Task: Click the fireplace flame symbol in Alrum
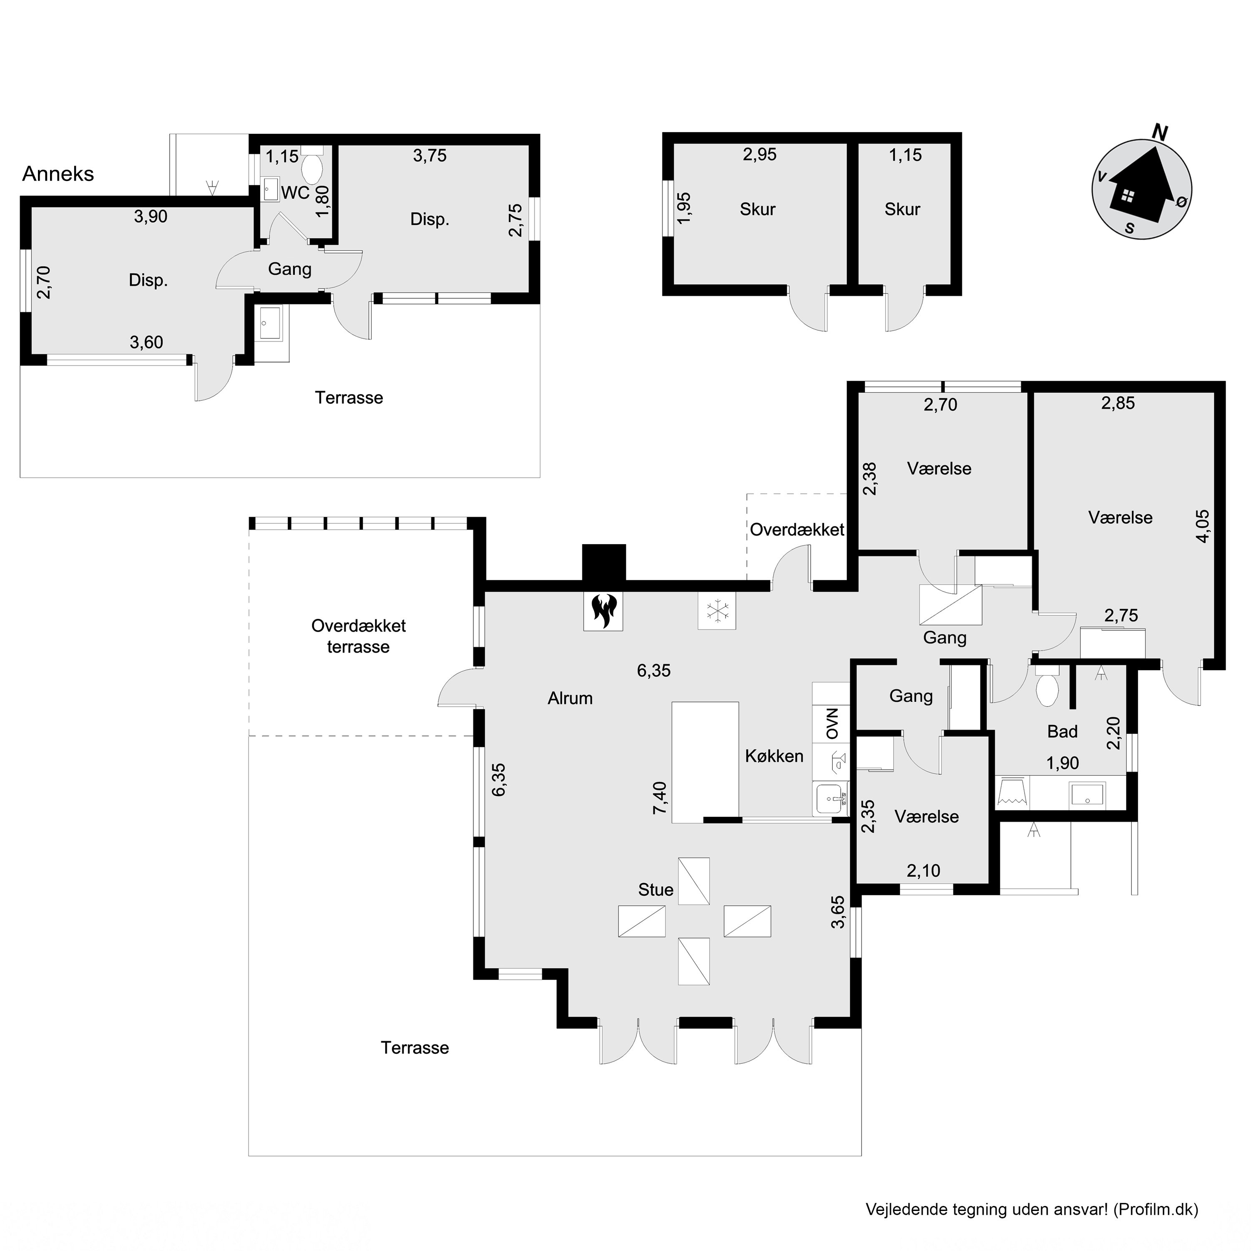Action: pos(603,610)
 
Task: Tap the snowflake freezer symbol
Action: pos(717,610)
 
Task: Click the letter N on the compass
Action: pos(1160,133)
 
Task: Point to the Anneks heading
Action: pos(58,173)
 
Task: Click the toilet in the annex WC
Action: pos(313,170)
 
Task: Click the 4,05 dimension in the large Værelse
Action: pos(1203,526)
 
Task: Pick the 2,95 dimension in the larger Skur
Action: pos(759,154)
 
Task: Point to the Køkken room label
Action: pos(774,756)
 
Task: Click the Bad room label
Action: pos(1063,732)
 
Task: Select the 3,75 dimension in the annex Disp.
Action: pos(430,156)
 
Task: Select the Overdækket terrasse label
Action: pos(358,636)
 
